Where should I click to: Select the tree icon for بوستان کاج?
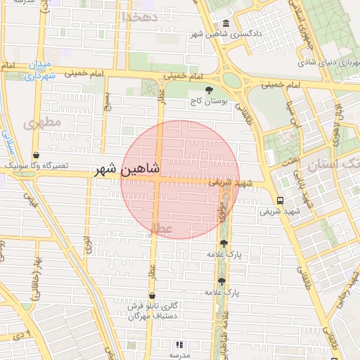click(x=209, y=89)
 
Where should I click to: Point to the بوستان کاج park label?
click(x=210, y=102)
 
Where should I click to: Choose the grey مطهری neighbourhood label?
click(x=42, y=123)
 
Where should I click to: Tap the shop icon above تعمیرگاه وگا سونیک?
click(x=36, y=155)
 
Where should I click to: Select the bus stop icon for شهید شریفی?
click(x=281, y=200)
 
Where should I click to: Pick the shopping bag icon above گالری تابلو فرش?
click(x=152, y=296)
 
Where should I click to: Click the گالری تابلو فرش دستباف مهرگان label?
click(x=156, y=311)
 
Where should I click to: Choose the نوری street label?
click(x=88, y=245)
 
